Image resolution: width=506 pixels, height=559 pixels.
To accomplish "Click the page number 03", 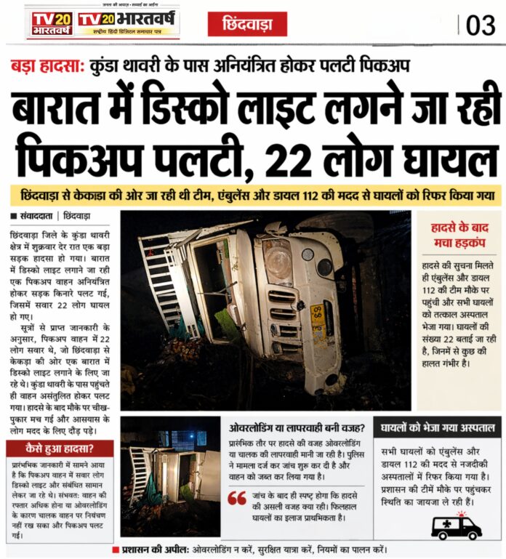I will tap(480, 25).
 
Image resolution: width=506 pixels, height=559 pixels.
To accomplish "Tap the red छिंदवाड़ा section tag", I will tap(247, 25).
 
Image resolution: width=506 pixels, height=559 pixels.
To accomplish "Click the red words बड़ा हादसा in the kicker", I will tap(45, 65).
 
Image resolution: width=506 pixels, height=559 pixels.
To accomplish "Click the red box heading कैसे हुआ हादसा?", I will tap(59, 449).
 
